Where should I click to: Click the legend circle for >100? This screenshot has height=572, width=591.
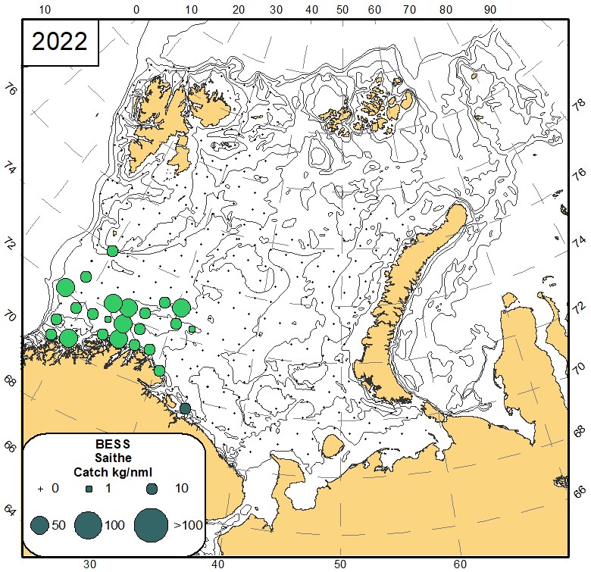(x=152, y=524)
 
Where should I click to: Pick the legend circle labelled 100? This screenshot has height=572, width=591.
(x=89, y=524)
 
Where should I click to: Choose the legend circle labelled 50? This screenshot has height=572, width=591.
(x=39, y=524)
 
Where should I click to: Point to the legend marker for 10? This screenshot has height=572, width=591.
(x=152, y=489)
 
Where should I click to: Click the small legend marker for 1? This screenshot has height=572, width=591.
(x=89, y=489)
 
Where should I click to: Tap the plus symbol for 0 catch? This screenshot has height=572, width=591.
(x=39, y=489)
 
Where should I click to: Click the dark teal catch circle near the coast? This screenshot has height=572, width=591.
(x=185, y=409)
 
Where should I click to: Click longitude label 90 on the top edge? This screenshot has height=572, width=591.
(x=490, y=10)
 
